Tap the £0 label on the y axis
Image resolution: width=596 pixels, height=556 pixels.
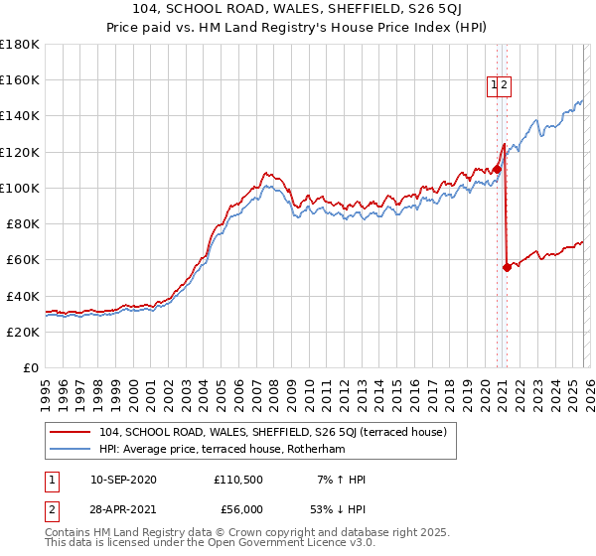(x=32, y=368)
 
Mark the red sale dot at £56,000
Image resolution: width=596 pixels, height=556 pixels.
(x=507, y=267)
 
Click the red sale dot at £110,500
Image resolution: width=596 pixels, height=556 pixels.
(x=497, y=169)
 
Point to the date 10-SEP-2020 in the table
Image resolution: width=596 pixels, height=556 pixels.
(x=122, y=480)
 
